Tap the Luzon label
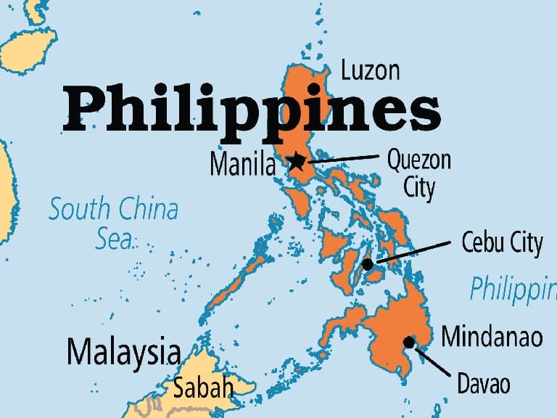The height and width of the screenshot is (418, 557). (370, 71)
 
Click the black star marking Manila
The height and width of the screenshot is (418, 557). (296, 162)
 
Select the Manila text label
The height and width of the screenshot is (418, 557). (243, 165)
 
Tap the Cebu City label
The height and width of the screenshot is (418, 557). (502, 243)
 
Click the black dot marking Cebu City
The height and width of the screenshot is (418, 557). (368, 265)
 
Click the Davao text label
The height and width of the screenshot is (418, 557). (484, 382)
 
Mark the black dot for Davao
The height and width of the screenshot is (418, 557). (410, 342)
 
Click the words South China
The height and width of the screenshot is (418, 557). (113, 210)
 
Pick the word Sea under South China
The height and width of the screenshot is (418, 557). (114, 239)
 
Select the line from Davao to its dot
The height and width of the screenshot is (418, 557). (434, 361)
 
